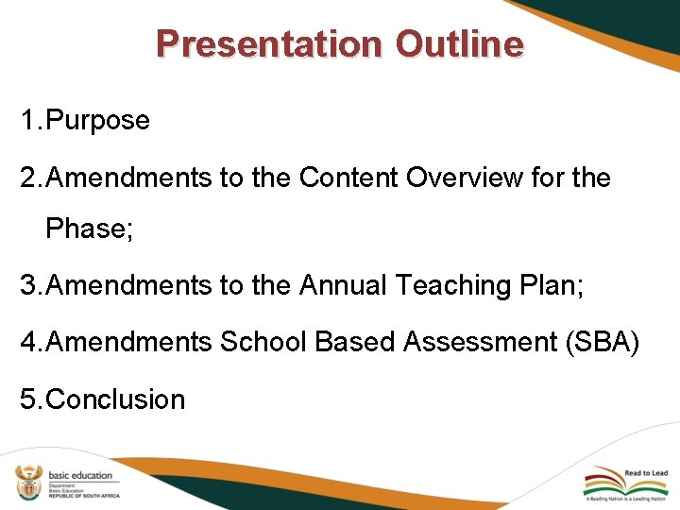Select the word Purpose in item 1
pos(97,121)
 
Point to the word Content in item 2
pos(349,178)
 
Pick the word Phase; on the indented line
pos(89,229)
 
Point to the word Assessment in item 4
pos(480,342)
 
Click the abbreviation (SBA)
pos(603,342)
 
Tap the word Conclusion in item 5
pos(115,399)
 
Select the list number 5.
pos(28,399)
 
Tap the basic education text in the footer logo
pos(80,474)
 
